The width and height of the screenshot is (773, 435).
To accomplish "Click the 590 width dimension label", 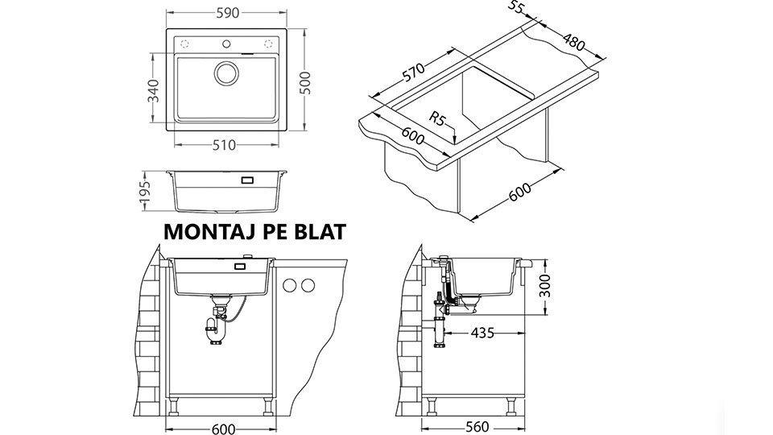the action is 227,13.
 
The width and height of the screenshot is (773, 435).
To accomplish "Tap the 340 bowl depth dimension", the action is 154,90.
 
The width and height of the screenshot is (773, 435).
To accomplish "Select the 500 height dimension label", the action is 305,83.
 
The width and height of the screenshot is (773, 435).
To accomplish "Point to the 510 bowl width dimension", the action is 225,145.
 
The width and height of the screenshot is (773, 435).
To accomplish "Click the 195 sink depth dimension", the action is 144,192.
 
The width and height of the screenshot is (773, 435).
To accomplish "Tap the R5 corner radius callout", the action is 437,119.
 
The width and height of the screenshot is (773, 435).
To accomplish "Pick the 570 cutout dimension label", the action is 413,72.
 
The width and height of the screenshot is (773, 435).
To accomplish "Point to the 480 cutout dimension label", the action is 573,42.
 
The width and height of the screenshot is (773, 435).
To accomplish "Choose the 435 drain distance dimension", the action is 482,333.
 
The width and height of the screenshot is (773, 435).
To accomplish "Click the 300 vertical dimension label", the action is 544,285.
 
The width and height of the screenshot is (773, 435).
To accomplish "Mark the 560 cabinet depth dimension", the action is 477,427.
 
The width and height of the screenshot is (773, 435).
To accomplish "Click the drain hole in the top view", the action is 227,73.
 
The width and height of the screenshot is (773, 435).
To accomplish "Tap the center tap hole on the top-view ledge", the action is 226,43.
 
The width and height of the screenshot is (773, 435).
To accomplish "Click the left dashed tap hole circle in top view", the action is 184,43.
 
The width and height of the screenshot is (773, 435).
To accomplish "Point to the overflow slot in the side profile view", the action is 247,180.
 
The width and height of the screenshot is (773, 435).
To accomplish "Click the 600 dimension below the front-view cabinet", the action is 223,429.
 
